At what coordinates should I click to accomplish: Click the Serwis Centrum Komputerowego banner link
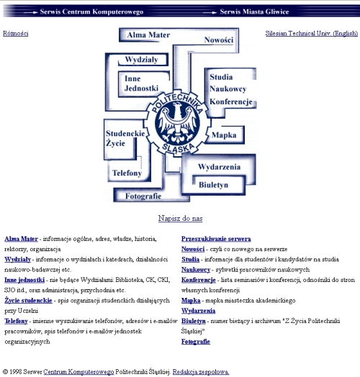(x=91, y=12)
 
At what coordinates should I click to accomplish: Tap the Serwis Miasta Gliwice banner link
(x=254, y=12)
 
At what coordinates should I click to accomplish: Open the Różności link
(x=16, y=33)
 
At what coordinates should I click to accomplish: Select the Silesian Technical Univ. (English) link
(x=312, y=33)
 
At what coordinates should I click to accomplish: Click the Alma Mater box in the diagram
(x=148, y=35)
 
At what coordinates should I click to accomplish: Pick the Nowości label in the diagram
(x=219, y=40)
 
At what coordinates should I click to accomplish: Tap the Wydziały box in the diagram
(x=143, y=60)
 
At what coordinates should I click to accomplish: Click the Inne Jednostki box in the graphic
(x=144, y=83)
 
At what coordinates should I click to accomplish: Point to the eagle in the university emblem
(x=178, y=122)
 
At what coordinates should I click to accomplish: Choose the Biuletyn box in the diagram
(x=213, y=185)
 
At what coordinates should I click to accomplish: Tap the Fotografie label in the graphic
(x=143, y=196)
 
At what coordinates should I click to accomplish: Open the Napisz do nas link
(x=180, y=218)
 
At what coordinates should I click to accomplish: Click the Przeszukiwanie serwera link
(x=216, y=239)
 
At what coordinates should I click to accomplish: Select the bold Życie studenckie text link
(x=28, y=301)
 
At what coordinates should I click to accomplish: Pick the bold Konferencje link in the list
(x=199, y=280)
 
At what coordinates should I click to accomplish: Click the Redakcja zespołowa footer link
(x=201, y=372)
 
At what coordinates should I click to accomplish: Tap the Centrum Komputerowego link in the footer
(x=78, y=372)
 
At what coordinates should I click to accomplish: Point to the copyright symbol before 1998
(x=5, y=372)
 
